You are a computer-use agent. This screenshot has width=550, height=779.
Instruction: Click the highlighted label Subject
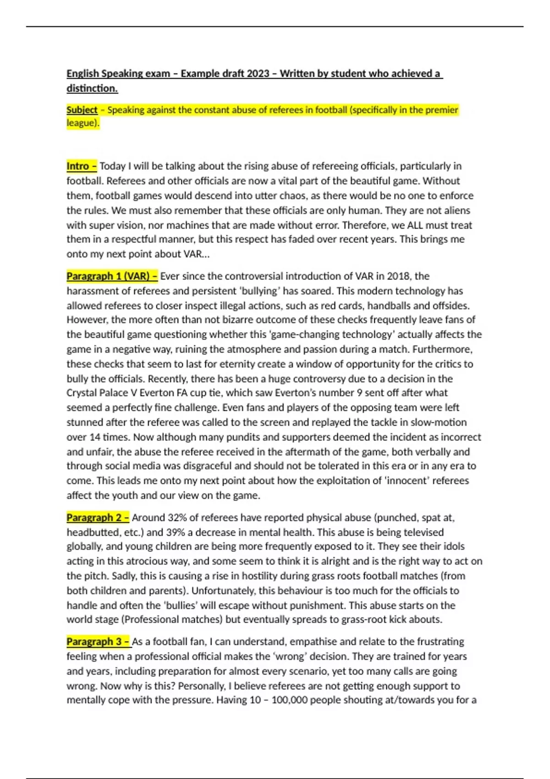coord(82,110)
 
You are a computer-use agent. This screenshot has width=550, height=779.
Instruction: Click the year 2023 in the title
coord(258,73)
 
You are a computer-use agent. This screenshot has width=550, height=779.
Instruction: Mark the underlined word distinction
coord(92,88)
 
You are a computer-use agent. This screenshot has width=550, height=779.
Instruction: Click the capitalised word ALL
coord(415,225)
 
